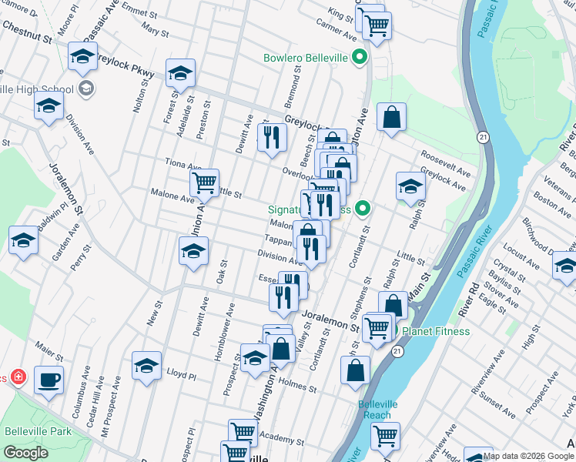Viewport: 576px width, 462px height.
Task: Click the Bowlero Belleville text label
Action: pos(306,57)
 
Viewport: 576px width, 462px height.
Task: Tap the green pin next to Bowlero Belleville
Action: pos(359,57)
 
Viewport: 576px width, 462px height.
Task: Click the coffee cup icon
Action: pos(49,380)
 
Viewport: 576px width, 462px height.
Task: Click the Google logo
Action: pos(25,452)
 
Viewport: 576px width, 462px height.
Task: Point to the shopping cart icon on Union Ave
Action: pos(204,183)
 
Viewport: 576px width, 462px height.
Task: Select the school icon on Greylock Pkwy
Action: pos(180,73)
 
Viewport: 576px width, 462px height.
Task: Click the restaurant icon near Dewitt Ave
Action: pos(271,137)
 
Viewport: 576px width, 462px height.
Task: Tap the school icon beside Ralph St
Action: pos(411,186)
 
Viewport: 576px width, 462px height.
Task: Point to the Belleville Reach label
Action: pos(378,409)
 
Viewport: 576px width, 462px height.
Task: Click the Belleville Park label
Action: pos(38,430)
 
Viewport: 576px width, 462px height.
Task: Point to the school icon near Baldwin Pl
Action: pos(23,240)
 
